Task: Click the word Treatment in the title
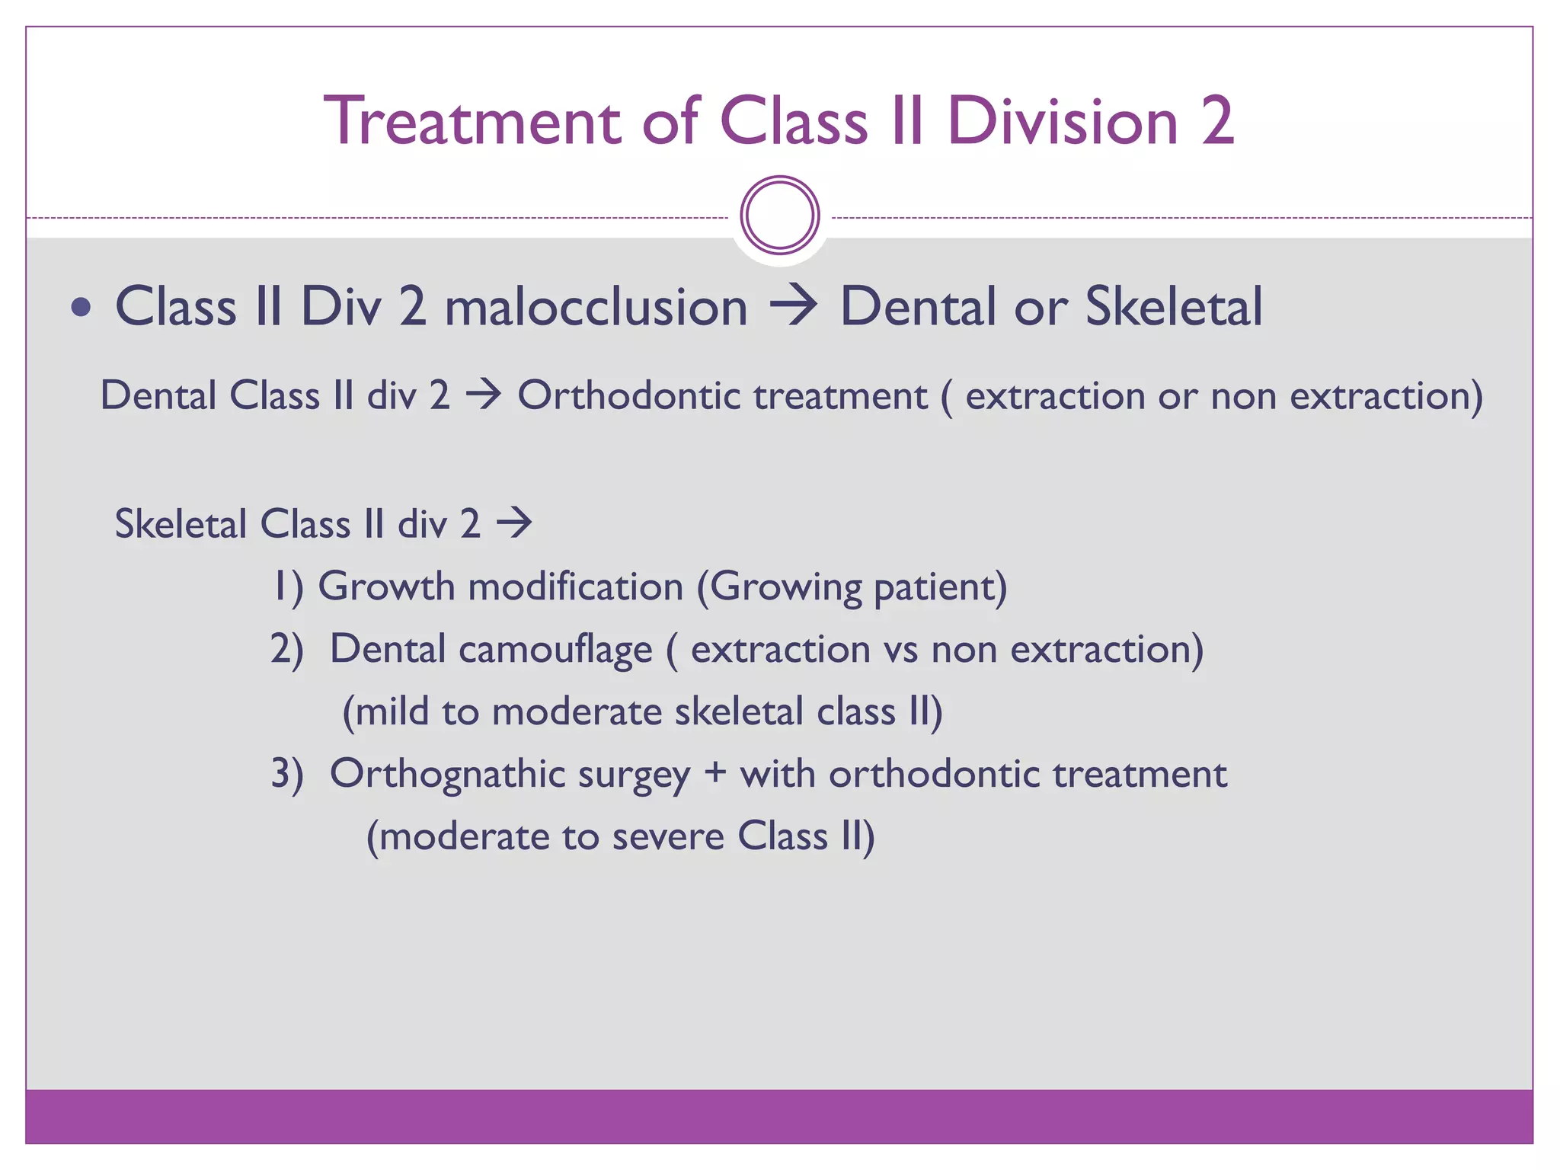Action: pos(473,122)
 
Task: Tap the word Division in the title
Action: pos(1063,122)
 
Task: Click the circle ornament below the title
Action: pos(779,216)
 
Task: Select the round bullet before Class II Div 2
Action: pos(81,308)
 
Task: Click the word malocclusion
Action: pos(596,308)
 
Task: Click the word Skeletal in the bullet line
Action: pos(1173,308)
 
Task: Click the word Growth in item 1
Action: pos(386,588)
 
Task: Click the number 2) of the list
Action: pos(286,651)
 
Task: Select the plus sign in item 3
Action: pos(714,774)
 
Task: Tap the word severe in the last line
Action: pos(667,837)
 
